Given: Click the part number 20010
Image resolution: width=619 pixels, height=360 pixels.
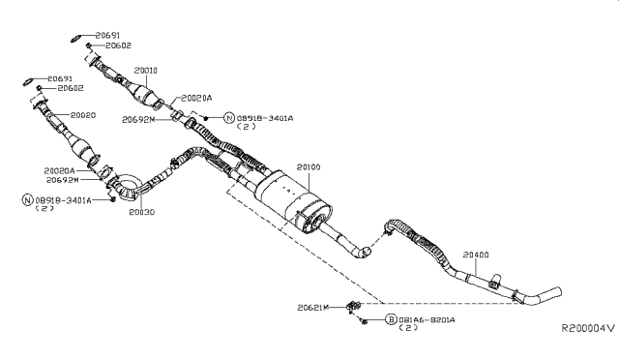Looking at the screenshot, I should point(146,71).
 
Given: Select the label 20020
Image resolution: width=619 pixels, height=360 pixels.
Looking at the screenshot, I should point(82,115).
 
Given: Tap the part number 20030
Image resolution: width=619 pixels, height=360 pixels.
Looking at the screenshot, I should point(142,211).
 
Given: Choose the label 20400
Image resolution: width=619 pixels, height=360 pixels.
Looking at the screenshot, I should point(477,255).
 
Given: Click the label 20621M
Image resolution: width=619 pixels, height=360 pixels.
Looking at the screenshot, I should point(313,308).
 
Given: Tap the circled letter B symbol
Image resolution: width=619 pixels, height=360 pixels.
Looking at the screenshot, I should point(391,319).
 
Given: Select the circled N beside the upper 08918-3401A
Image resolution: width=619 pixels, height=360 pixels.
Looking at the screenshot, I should point(229,117).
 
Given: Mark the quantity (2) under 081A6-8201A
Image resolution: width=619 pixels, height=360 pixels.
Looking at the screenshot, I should point(411,329).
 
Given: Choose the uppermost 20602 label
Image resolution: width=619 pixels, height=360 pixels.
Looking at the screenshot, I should point(119,45).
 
